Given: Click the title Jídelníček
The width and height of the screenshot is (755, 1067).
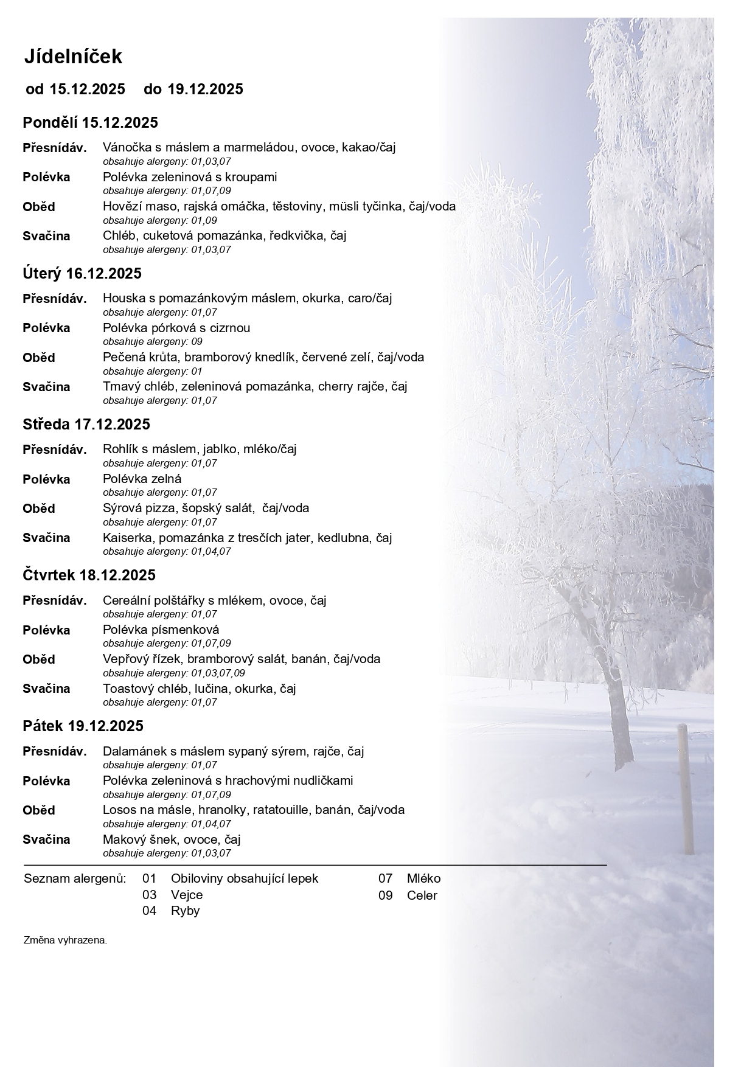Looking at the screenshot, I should click(x=73, y=57).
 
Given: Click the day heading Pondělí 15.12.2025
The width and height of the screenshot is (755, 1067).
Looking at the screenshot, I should click(x=90, y=122).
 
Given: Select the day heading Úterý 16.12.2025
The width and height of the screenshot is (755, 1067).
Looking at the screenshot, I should click(x=82, y=273).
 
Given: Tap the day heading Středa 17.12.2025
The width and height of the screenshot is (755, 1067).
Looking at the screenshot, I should click(x=86, y=424).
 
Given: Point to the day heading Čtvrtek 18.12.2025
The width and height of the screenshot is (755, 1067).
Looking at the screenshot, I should click(x=89, y=575).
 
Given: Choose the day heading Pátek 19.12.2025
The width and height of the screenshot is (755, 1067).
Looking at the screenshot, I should click(x=83, y=726).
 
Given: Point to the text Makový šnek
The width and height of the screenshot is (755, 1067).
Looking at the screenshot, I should click(x=139, y=839).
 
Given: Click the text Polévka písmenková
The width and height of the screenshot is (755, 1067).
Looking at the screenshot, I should click(x=161, y=630).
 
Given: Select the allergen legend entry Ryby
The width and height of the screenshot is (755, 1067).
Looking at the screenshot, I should click(x=185, y=911).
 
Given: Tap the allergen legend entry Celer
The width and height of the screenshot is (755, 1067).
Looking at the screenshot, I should click(x=422, y=895).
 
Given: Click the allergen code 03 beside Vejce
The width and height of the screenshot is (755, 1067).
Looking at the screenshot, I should click(x=149, y=895).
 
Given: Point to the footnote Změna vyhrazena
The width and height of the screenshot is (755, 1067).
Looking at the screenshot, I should click(x=65, y=940).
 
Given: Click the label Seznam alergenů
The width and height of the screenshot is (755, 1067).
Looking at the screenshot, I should click(x=75, y=878).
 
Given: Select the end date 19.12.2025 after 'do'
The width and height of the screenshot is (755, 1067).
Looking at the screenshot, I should click(x=205, y=89).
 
